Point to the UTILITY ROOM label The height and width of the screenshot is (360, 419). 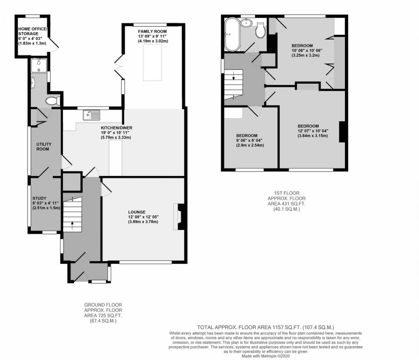tap(43, 147)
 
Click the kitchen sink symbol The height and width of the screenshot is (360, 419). tap(91, 114)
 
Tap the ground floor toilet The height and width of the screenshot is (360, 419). tap(53, 100)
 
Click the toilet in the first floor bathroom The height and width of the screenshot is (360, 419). tap(261, 30)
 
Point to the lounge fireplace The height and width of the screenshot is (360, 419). tap(179, 217)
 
